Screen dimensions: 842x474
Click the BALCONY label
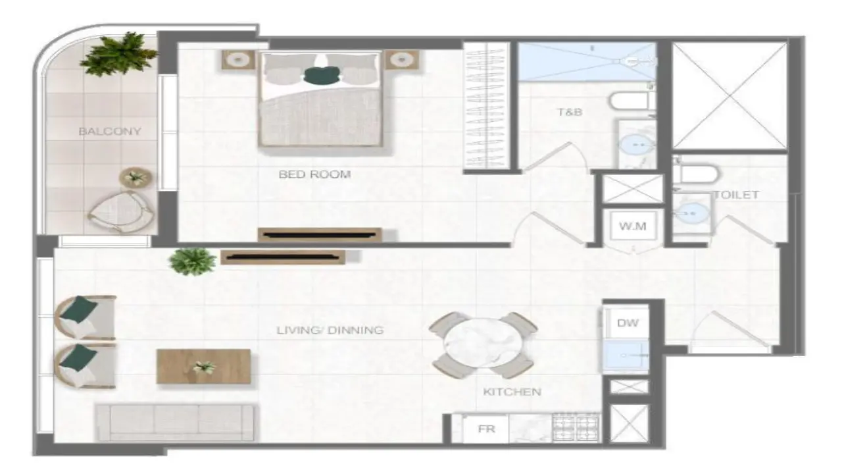click(110, 131)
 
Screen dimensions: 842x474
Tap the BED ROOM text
click(314, 174)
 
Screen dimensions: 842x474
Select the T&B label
click(570, 112)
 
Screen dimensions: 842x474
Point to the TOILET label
click(737, 195)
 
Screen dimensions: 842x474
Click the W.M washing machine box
click(633, 226)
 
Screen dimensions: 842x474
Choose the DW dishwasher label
click(628, 323)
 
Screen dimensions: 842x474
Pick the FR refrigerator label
click(486, 429)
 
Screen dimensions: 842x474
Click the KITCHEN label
click(512, 392)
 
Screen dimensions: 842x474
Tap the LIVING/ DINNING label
click(330, 330)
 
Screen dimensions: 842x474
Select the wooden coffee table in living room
click(204, 367)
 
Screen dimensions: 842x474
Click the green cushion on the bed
click(322, 76)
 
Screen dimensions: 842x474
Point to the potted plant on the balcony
click(118, 54)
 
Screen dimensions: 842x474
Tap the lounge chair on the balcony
click(121, 212)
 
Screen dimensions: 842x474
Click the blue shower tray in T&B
click(587, 62)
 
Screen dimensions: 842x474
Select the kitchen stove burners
click(576, 428)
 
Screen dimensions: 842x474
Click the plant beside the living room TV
click(192, 261)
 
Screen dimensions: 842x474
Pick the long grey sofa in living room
click(175, 422)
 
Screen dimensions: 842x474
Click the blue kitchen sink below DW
click(626, 355)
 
